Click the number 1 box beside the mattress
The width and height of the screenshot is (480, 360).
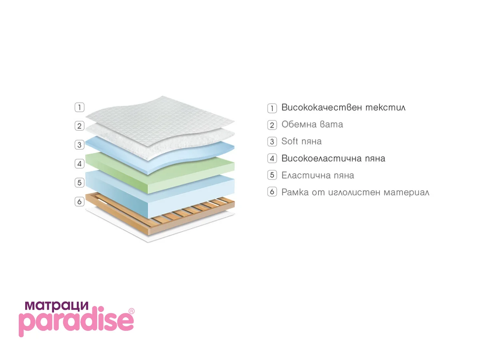tap(79, 107)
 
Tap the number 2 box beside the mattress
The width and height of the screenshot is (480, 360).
tap(79, 126)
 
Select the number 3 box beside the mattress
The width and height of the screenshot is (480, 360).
tap(79, 145)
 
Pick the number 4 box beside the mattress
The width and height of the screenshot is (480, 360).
tap(79, 164)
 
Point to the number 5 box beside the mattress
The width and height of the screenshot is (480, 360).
tap(79, 182)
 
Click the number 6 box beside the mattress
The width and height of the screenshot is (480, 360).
tap(79, 201)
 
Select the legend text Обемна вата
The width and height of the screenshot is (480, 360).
tap(312, 124)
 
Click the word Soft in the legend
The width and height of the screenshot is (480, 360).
tap(290, 141)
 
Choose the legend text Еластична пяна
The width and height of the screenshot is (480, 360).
tap(318, 175)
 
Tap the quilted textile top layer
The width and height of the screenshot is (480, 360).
tap(160, 121)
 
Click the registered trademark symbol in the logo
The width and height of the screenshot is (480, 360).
tap(131, 311)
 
